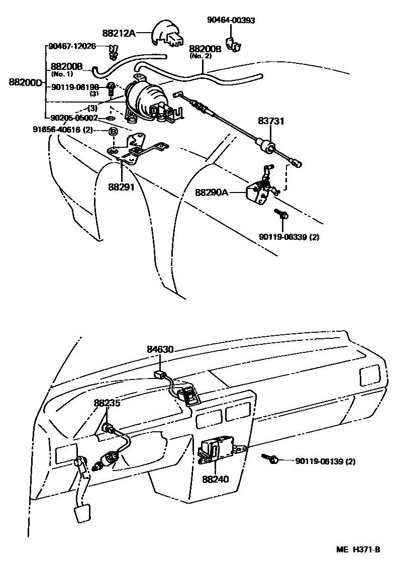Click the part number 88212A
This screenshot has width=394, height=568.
[119, 33]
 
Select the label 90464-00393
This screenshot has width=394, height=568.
[231, 20]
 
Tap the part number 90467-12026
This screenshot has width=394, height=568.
[72, 46]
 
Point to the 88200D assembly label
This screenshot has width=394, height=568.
[25, 82]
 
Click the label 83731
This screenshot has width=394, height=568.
[271, 121]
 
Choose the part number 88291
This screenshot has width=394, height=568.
[121, 187]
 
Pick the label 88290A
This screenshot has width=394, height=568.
[212, 192]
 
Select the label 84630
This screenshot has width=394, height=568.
[160, 349]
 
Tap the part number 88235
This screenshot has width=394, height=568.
[107, 403]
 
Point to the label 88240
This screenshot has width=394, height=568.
[216, 479]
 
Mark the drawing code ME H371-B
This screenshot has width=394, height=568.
[358, 550]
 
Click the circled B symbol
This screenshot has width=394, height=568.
[113, 131]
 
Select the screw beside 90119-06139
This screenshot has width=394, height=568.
[270, 458]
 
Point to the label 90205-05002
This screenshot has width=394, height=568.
[74, 118]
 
